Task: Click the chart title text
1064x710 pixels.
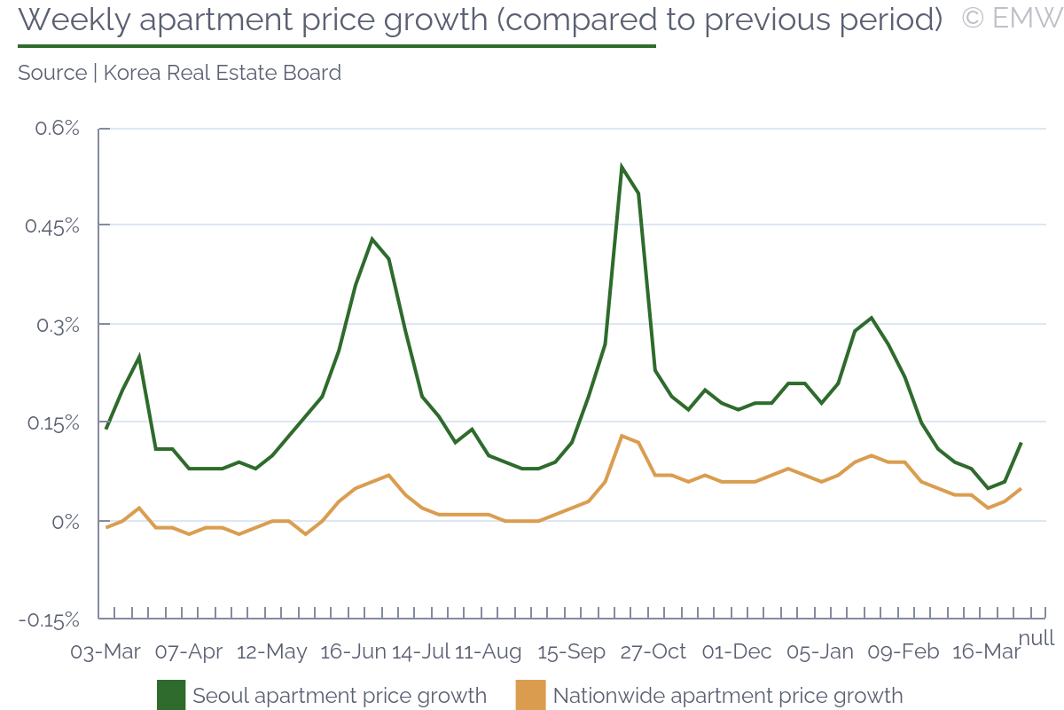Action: pyautogui.click(x=479, y=20)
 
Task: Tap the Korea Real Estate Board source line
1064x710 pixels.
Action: pyautogui.click(x=179, y=73)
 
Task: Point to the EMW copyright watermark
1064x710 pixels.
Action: pyautogui.click(x=1011, y=19)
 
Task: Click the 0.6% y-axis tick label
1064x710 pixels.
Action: pyautogui.click(x=57, y=129)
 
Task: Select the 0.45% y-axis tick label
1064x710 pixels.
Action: pyautogui.click(x=51, y=226)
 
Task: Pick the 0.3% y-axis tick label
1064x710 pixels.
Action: pyautogui.click(x=57, y=325)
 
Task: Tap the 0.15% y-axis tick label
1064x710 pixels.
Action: pyautogui.click(x=51, y=422)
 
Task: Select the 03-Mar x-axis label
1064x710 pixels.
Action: pyautogui.click(x=106, y=651)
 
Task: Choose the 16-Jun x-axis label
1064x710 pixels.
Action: pyautogui.click(x=353, y=651)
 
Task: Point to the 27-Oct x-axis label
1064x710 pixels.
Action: pyautogui.click(x=653, y=651)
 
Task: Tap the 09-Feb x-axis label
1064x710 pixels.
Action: pyautogui.click(x=903, y=651)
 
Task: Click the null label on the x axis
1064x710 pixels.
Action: pyautogui.click(x=1036, y=638)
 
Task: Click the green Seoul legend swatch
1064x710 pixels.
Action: pyautogui.click(x=171, y=695)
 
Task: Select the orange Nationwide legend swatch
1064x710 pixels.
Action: pyautogui.click(x=531, y=695)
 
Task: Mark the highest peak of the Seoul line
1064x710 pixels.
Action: pyautogui.click(x=622, y=167)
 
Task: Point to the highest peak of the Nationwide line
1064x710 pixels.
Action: pyautogui.click(x=622, y=436)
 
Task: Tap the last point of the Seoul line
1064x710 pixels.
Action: pyautogui.click(x=1021, y=442)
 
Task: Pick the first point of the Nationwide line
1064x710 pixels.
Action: pyautogui.click(x=106, y=527)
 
